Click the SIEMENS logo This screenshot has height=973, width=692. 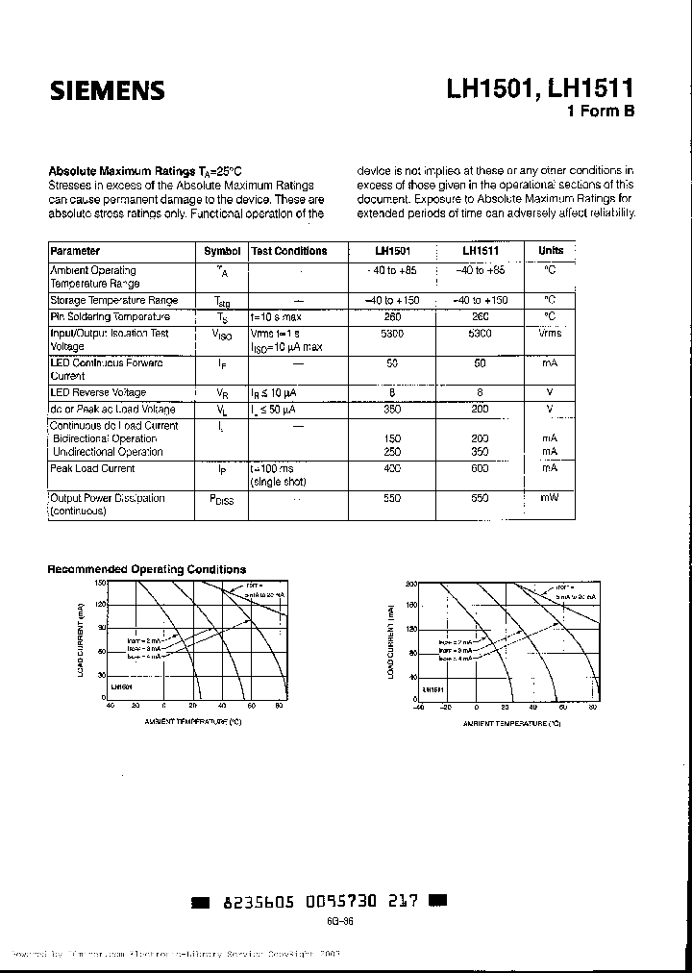[x=108, y=91]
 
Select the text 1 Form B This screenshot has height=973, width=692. [x=602, y=112]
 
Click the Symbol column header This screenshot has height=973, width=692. [x=222, y=251]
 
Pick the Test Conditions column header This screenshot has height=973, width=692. [x=288, y=251]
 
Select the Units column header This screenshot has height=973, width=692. [x=551, y=251]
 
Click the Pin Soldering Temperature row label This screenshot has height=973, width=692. [x=110, y=316]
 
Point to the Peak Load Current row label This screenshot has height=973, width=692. [x=92, y=469]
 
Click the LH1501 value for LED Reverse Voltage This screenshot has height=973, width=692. [x=392, y=393]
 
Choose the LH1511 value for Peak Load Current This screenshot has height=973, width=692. [x=481, y=468]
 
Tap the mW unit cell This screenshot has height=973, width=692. [x=550, y=498]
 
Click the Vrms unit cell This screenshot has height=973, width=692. [x=550, y=333]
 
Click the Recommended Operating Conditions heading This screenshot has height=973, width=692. [x=146, y=569]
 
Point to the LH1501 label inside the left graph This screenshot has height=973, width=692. [x=121, y=687]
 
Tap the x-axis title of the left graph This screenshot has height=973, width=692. [x=192, y=720]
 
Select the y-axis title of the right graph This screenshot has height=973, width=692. [x=391, y=642]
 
